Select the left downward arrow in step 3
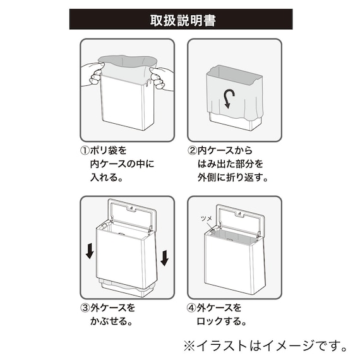90,251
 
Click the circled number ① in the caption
84,151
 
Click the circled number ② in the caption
191,151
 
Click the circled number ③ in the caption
84,308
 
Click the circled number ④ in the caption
191,308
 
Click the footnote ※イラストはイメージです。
265,345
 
